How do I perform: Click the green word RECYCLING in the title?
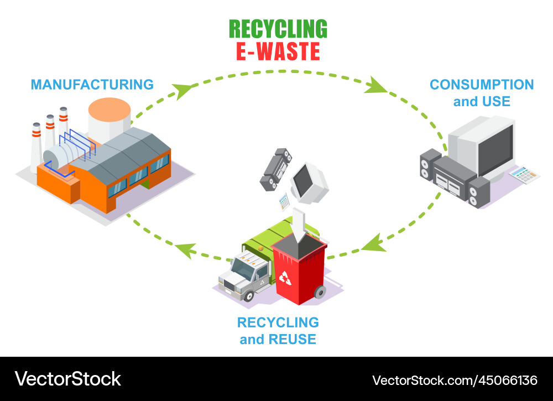click(278, 29)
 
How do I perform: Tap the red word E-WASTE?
click(278, 51)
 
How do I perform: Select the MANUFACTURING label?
click(92, 85)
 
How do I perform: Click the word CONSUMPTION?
click(482, 85)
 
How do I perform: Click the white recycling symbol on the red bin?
click(285, 277)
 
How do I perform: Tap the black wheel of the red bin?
click(319, 291)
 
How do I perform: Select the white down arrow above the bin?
click(299, 223)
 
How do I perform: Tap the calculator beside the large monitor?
click(524, 175)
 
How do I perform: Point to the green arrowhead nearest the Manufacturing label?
click(182, 90)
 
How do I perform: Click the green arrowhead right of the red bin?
click(374, 243)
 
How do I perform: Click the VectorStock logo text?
click(68, 379)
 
